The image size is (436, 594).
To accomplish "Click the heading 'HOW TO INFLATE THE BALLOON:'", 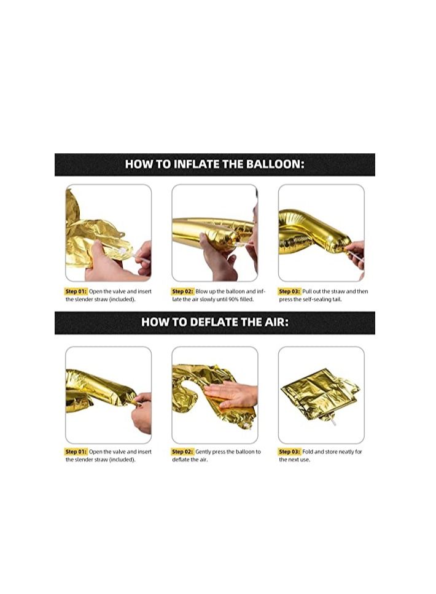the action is click(214, 164).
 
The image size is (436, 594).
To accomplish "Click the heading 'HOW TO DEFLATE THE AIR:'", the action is click(214, 322).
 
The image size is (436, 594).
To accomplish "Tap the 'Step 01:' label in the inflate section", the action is click(76, 291).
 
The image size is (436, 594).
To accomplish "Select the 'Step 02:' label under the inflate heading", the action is click(182, 291).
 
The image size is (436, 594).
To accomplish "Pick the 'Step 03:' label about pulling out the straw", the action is click(289, 291).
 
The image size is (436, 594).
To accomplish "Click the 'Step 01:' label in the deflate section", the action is click(76, 452).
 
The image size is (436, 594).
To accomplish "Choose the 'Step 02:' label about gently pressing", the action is click(182, 452).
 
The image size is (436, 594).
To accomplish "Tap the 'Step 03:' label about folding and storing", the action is click(289, 452).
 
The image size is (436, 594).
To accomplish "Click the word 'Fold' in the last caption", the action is click(308, 452).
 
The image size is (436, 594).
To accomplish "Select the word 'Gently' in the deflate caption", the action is click(203, 452).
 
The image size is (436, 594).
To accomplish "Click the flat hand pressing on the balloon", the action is click(230, 394).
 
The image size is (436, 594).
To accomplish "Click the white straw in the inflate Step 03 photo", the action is click(355, 256).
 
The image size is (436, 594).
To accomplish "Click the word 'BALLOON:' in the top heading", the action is click(275, 164).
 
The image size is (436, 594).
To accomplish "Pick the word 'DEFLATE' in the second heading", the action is click(213, 322).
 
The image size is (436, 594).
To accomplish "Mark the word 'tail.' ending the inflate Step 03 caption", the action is click(337, 299).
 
